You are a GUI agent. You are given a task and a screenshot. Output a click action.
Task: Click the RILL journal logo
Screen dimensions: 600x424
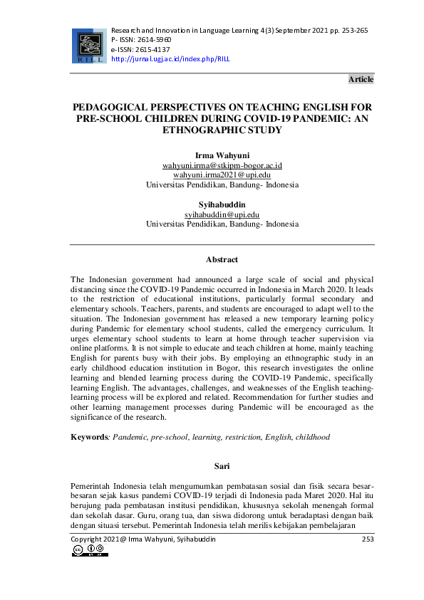coord(88,45)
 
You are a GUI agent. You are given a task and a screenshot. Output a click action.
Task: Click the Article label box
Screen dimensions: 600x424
coord(361,79)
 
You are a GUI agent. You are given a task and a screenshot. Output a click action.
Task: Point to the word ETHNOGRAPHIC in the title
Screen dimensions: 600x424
coord(224,130)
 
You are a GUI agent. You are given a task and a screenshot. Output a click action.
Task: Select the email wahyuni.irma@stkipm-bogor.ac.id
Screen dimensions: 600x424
coord(222,165)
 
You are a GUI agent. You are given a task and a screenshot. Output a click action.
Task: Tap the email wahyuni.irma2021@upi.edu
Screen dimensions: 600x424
coord(222,175)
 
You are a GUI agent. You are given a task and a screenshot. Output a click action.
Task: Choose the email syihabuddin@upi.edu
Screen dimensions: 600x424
coord(222,214)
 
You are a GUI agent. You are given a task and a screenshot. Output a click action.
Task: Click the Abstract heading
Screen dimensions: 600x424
coord(222,259)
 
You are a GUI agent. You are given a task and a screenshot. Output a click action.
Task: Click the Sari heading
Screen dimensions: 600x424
coord(222,466)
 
